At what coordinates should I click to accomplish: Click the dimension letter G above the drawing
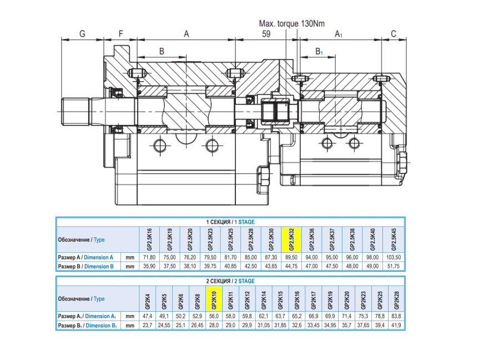point(82,34)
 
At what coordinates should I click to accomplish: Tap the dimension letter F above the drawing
point(120,34)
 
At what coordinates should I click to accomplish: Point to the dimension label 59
point(266,34)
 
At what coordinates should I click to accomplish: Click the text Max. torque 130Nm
point(291,24)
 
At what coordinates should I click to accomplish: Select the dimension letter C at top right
point(394,34)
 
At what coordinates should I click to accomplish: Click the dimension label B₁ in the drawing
point(319,52)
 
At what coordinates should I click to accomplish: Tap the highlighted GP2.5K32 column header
point(291,240)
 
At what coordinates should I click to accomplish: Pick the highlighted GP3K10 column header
point(214,299)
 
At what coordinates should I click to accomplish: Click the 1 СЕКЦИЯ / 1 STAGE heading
point(230,222)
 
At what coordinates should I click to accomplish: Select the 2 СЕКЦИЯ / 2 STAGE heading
point(230,281)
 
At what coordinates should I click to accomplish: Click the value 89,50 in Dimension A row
point(291,257)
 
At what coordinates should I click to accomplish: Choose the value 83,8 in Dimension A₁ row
point(396,316)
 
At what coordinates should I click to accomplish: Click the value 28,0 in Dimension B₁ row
point(214,326)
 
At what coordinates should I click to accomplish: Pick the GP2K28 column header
point(396,299)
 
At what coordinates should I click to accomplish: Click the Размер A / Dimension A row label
point(85,257)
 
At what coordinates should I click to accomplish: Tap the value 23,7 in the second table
point(147,326)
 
